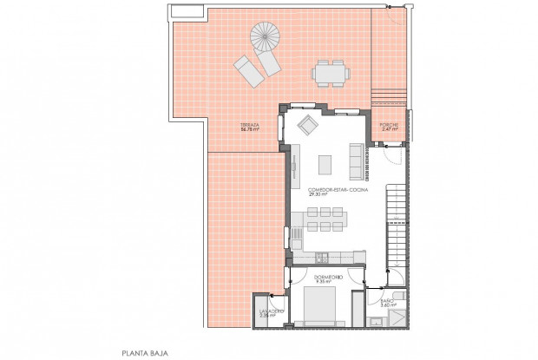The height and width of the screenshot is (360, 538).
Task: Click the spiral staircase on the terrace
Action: point(266,38)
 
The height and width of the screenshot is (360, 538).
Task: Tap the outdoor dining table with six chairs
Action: point(331,73)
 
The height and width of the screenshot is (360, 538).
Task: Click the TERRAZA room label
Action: point(250,124)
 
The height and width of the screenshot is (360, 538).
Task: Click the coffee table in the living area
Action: point(325,163)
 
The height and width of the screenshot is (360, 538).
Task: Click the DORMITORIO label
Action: point(328,277)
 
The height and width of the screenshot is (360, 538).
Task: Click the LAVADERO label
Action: point(267,311)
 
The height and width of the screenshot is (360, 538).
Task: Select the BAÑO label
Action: point(388,300)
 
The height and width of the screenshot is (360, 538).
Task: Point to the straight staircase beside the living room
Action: point(396,217)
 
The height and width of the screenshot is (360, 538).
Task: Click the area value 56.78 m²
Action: point(249,129)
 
